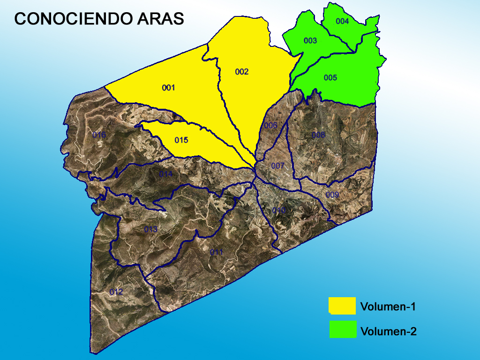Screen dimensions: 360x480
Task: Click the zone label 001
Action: pyautogui.click(x=168, y=88)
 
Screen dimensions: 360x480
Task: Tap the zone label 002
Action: pyautogui.click(x=242, y=72)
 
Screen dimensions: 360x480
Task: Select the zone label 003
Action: pyautogui.click(x=310, y=41)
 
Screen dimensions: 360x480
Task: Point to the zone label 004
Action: pyautogui.click(x=342, y=21)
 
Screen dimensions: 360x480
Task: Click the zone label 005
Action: pyautogui.click(x=330, y=77)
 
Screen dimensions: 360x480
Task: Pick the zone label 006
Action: pyautogui.click(x=270, y=125)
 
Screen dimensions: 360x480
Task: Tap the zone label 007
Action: pyautogui.click(x=277, y=165)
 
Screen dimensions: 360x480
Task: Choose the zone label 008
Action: pyautogui.click(x=318, y=135)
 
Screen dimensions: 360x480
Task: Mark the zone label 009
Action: pyautogui.click(x=332, y=195)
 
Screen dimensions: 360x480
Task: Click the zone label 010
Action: pyautogui.click(x=279, y=210)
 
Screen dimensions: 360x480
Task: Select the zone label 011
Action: pyautogui.click(x=216, y=252)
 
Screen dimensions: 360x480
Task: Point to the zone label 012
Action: pyautogui.click(x=116, y=292)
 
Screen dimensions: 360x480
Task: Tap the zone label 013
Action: pyautogui.click(x=150, y=229)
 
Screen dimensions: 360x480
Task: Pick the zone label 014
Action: pyautogui.click(x=165, y=174)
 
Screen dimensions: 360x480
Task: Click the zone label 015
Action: pyautogui.click(x=181, y=140)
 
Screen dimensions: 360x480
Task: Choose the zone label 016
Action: pyautogui.click(x=99, y=135)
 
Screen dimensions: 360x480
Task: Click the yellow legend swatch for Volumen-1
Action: pyautogui.click(x=342, y=305)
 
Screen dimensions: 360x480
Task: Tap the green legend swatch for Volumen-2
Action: pyautogui.click(x=342, y=329)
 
